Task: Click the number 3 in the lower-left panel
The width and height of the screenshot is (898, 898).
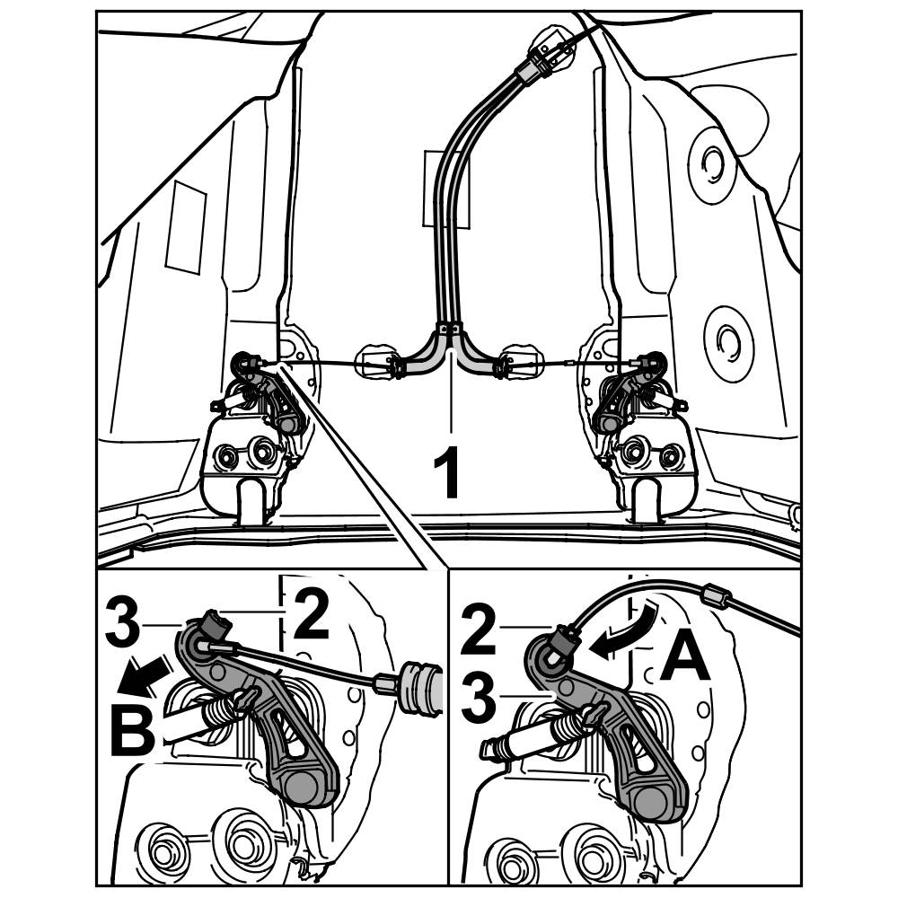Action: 122,621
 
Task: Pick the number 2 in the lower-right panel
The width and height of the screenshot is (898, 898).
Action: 479,630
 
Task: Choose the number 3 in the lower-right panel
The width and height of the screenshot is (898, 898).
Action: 479,697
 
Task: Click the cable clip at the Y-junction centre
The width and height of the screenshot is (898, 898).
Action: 450,329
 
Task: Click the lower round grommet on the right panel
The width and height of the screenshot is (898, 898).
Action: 728,342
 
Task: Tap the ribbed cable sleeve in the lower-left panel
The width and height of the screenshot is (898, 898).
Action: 422,689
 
